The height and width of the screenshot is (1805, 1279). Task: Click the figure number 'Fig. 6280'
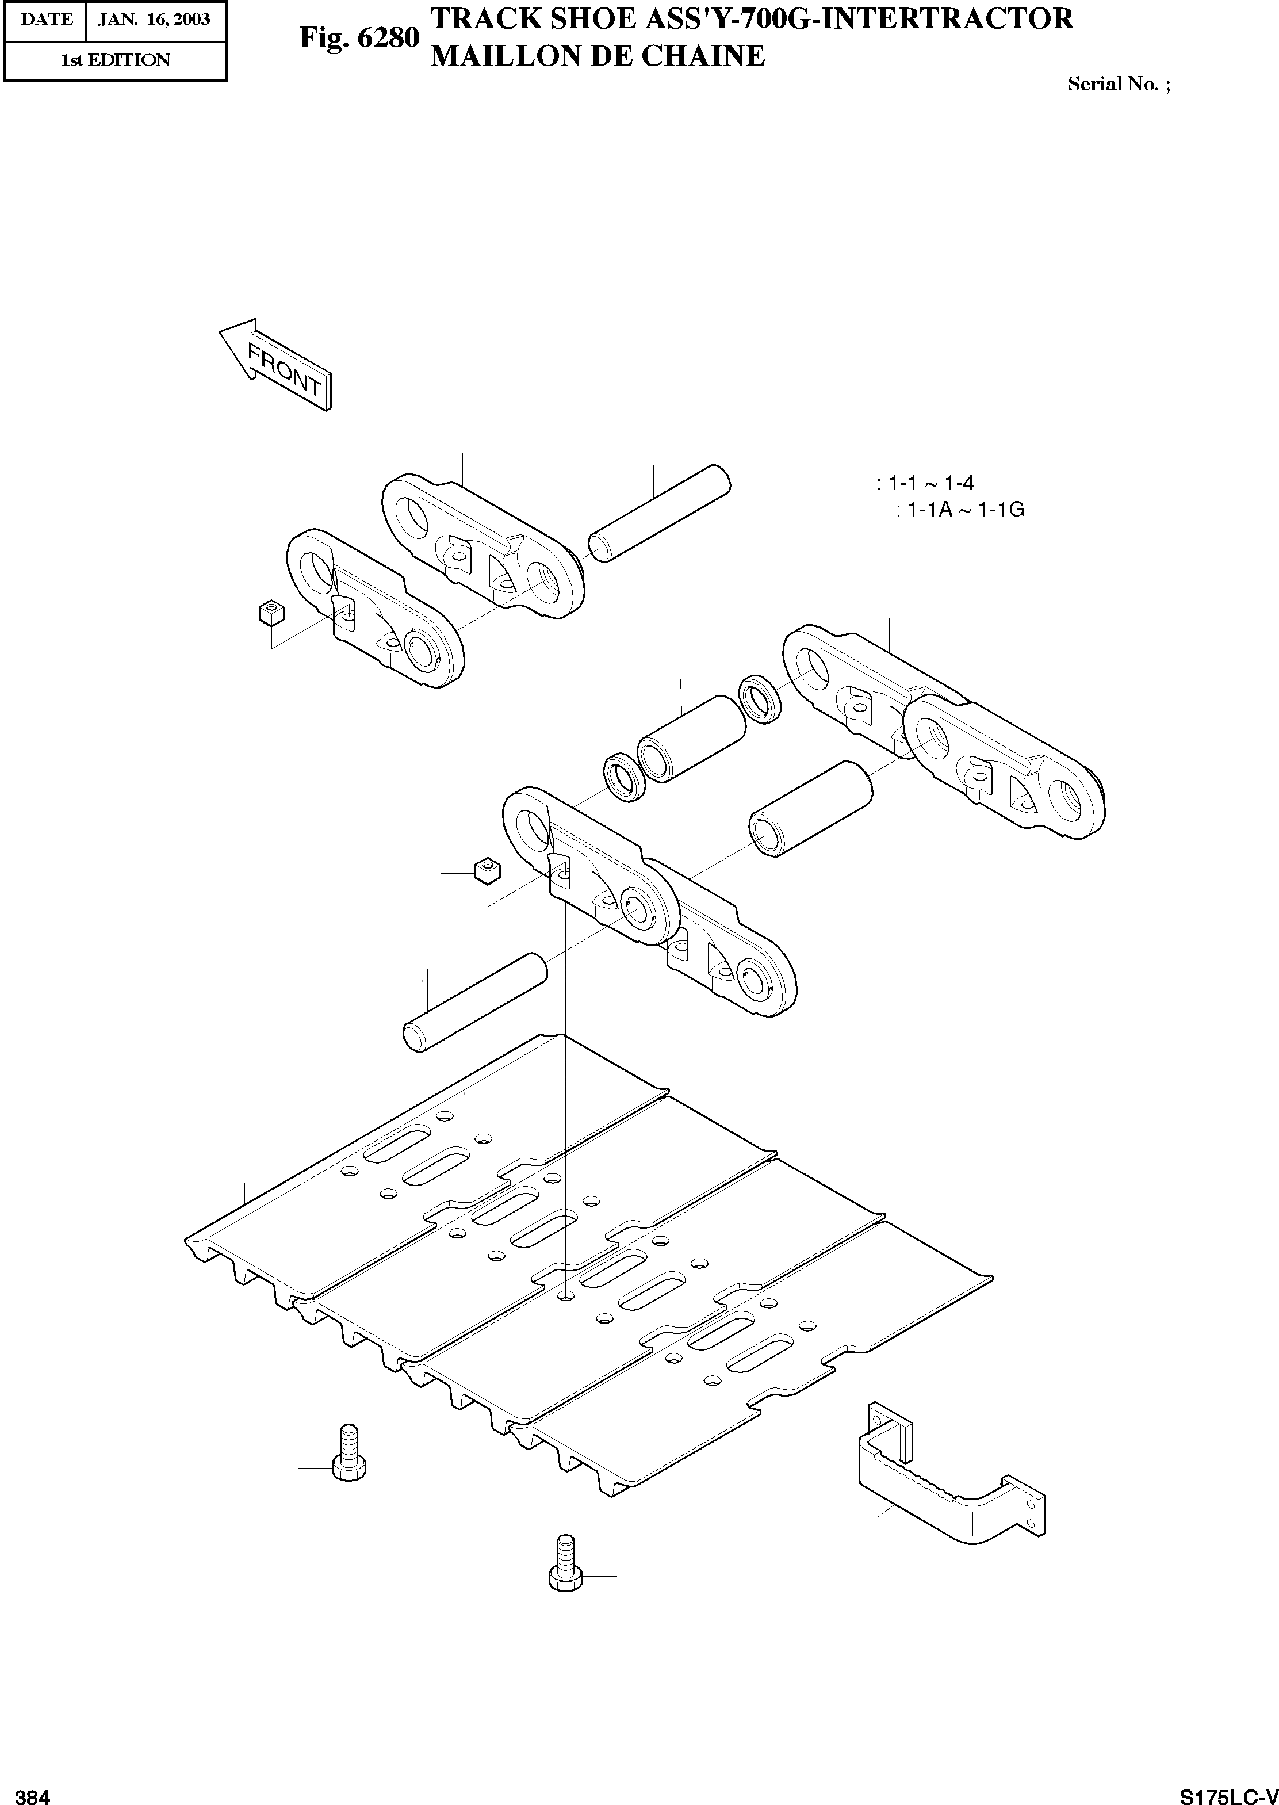358,37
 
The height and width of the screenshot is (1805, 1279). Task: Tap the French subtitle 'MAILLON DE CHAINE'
598,56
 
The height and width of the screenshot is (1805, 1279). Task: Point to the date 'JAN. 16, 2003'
154,19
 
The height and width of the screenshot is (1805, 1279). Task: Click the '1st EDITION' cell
115,60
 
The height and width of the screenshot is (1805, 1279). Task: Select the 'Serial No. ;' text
1119,84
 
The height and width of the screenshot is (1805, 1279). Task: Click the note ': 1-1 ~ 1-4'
925,483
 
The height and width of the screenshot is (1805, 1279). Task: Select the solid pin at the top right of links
660,513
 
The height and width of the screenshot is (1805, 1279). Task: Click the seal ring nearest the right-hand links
760,698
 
